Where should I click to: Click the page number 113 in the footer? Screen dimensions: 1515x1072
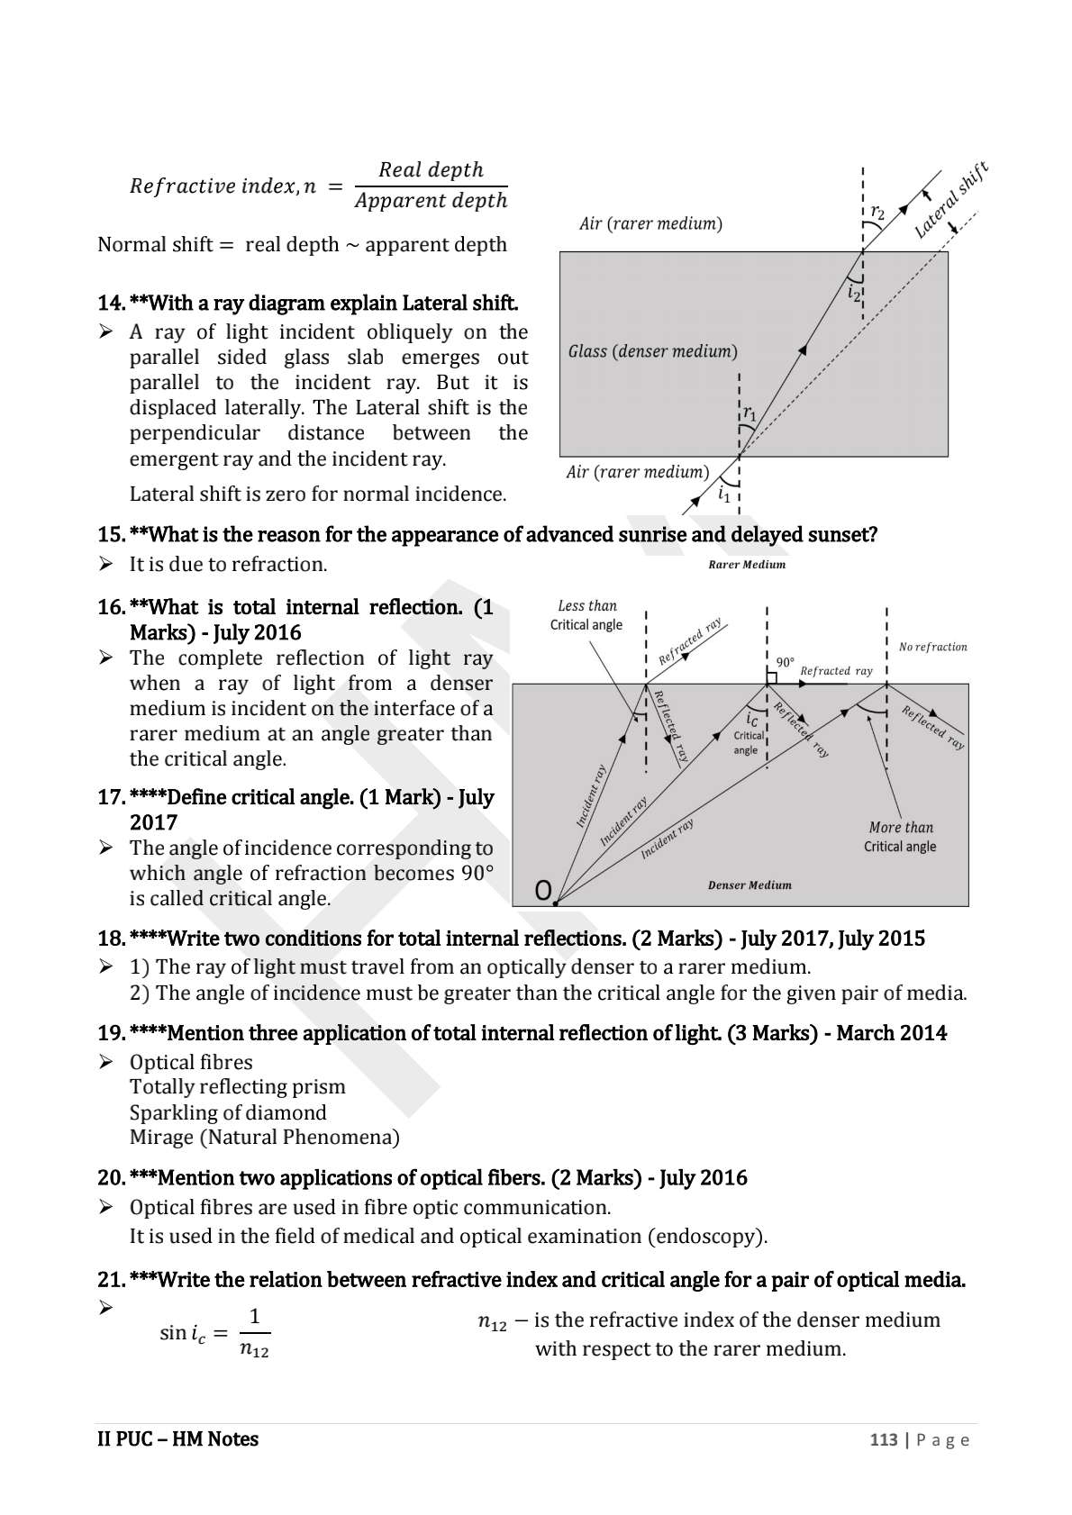click(883, 1439)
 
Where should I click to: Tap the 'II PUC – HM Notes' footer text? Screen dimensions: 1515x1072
click(177, 1439)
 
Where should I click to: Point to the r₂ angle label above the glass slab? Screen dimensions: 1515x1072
click(877, 213)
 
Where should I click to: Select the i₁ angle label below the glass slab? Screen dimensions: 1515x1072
click(723, 494)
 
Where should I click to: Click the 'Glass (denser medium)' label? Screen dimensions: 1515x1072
click(652, 351)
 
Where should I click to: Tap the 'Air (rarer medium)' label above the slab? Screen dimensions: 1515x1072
click(650, 223)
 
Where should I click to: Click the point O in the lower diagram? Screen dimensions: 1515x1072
click(544, 891)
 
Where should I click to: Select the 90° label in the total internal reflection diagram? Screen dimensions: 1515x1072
click(785, 662)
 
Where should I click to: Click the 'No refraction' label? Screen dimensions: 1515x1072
click(932, 647)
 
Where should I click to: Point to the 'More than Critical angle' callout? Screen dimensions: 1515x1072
click(900, 837)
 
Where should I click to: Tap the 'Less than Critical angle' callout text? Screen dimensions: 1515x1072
click(586, 615)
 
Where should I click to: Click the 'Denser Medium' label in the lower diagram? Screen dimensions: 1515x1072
click(749, 885)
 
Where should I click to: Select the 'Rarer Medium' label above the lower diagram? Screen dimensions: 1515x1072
click(747, 565)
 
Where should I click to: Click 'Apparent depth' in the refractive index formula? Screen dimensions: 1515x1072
click(431, 201)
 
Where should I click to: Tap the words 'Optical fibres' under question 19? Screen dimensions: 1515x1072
click(191, 1062)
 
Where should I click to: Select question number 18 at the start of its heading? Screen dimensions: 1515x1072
click(111, 939)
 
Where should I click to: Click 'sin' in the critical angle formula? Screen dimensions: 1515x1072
click(173, 1332)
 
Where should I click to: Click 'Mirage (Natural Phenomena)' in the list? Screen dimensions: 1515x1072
click(264, 1137)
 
